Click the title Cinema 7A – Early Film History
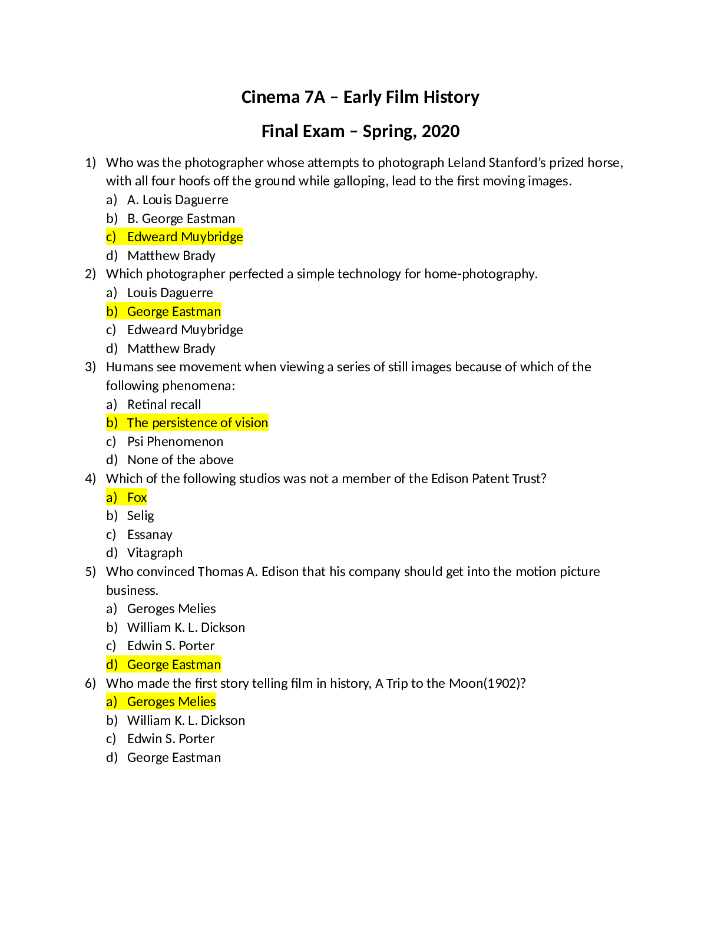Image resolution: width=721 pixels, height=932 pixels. pyautogui.click(x=360, y=97)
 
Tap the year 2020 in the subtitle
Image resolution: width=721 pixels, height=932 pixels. pyautogui.click(x=441, y=131)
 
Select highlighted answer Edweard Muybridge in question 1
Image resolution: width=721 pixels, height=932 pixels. pyautogui.click(x=185, y=237)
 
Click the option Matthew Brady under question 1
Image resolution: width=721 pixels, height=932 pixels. pyautogui.click(x=171, y=255)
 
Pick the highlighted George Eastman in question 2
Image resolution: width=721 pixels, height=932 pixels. pyautogui.click(x=174, y=311)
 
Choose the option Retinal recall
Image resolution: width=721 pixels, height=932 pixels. pyautogui.click(x=164, y=404)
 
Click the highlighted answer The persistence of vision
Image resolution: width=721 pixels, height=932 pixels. pyautogui.click(x=197, y=423)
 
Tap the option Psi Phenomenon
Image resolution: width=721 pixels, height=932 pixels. pyautogui.click(x=175, y=441)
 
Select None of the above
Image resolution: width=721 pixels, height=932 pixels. pyautogui.click(x=180, y=460)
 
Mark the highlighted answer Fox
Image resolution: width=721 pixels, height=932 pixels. pyautogui.click(x=137, y=498)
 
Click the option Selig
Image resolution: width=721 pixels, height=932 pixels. pyautogui.click(x=140, y=516)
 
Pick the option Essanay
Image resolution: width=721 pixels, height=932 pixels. pyautogui.click(x=150, y=535)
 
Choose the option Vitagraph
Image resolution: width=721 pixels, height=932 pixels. pyautogui.click(x=155, y=553)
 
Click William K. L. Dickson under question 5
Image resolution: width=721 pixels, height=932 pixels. pyautogui.click(x=186, y=628)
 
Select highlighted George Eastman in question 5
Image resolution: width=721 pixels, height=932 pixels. pyautogui.click(x=174, y=665)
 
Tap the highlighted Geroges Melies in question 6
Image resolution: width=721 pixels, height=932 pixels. pyautogui.click(x=171, y=702)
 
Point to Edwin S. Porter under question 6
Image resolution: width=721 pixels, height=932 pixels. pyautogui.click(x=171, y=739)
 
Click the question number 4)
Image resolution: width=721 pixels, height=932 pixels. pyautogui.click(x=90, y=479)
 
